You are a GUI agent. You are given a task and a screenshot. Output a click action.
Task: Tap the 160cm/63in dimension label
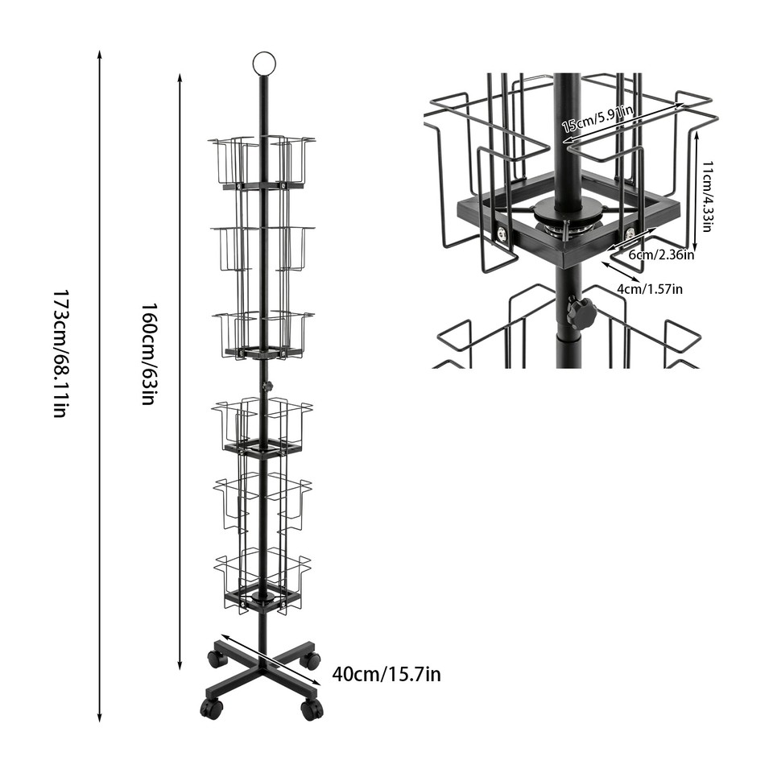148,353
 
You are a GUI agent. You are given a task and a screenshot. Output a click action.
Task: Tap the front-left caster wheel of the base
212,709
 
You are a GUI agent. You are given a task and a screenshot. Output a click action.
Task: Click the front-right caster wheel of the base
312,709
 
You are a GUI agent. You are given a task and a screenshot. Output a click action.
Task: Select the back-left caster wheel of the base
217,658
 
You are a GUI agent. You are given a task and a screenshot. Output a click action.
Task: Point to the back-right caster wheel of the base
310,660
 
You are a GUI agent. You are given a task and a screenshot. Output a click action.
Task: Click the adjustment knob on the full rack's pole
268,387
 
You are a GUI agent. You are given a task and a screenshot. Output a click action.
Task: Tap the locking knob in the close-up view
581,312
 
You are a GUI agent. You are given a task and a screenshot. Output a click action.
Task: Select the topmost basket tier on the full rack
262,162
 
